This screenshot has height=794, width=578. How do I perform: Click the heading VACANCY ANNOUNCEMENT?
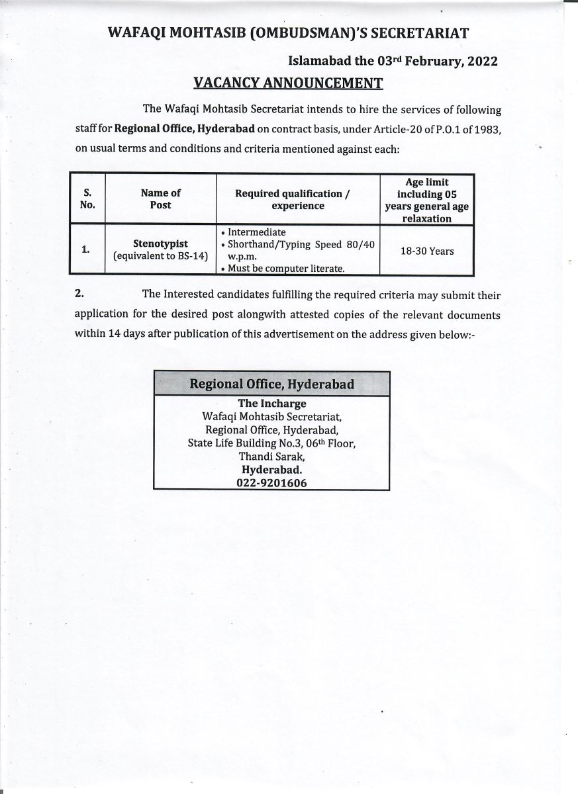[x=288, y=83]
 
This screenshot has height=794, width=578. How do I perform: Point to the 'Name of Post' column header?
[x=160, y=199]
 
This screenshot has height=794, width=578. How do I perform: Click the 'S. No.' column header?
[x=87, y=199]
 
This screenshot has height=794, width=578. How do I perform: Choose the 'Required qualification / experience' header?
[x=298, y=199]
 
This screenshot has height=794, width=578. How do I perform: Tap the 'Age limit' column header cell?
[x=426, y=200]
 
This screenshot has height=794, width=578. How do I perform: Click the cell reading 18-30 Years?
[x=426, y=251]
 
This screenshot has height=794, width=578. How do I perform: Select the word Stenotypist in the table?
[x=160, y=244]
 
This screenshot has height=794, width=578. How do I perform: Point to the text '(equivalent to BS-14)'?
[x=160, y=256]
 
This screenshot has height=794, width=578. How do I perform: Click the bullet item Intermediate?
[x=257, y=232]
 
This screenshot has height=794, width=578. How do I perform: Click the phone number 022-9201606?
[x=271, y=483]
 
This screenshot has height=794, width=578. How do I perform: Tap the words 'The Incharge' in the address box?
[x=272, y=403]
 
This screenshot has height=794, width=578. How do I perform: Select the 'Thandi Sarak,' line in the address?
[x=272, y=456]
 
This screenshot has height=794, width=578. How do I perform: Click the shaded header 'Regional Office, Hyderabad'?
[x=271, y=384]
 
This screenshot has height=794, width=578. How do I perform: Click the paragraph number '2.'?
[x=80, y=294]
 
